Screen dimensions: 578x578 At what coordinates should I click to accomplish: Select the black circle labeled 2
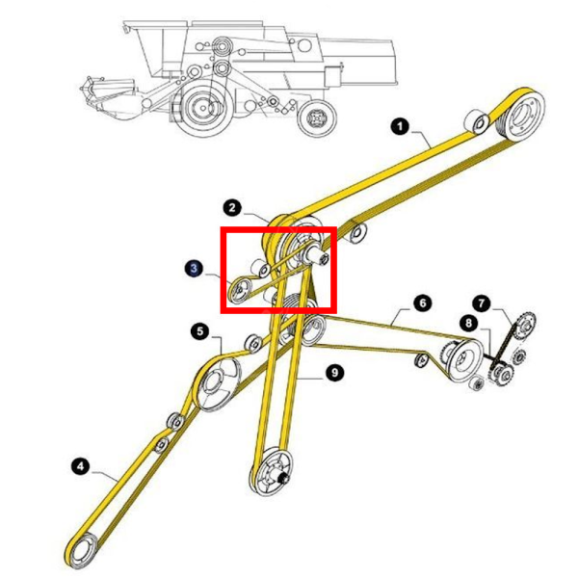231,206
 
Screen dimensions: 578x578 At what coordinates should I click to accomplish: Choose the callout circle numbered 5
199,331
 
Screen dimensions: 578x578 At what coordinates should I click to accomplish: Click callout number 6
421,302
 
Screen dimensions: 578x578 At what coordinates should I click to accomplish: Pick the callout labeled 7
480,302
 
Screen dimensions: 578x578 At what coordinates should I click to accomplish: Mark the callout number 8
467,324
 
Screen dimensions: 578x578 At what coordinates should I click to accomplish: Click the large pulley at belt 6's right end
460,360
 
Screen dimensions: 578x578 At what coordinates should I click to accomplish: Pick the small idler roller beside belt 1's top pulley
475,122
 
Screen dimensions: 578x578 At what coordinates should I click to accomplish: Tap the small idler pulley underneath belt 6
421,360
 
